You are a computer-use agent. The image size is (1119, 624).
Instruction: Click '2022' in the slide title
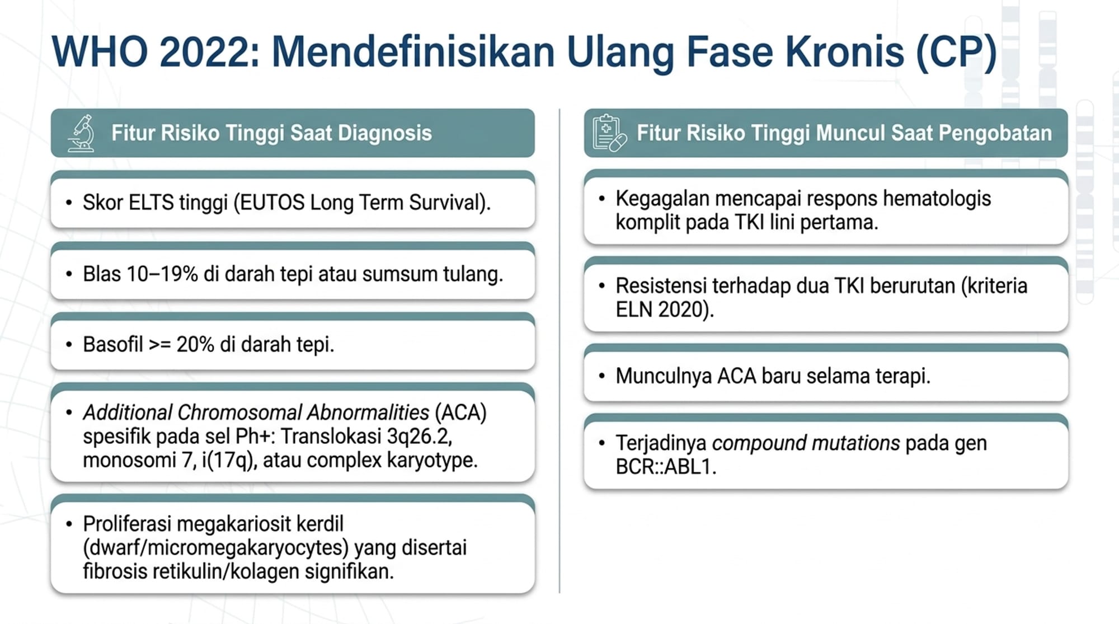click(x=209, y=52)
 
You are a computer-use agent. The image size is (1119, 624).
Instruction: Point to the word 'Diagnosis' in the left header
click(x=385, y=133)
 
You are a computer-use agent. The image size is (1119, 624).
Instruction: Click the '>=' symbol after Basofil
click(x=160, y=345)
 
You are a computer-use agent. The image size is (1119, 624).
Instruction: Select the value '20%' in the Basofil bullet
click(x=195, y=345)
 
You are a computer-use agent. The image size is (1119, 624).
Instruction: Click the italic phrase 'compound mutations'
click(x=806, y=443)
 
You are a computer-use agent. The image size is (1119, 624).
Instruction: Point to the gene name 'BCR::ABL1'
click(x=664, y=467)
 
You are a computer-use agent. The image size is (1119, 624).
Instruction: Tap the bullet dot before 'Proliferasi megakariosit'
click(x=69, y=524)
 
